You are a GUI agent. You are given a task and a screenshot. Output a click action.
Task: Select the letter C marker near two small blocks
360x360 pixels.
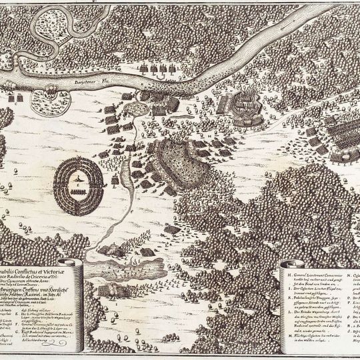tap(15, 103)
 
